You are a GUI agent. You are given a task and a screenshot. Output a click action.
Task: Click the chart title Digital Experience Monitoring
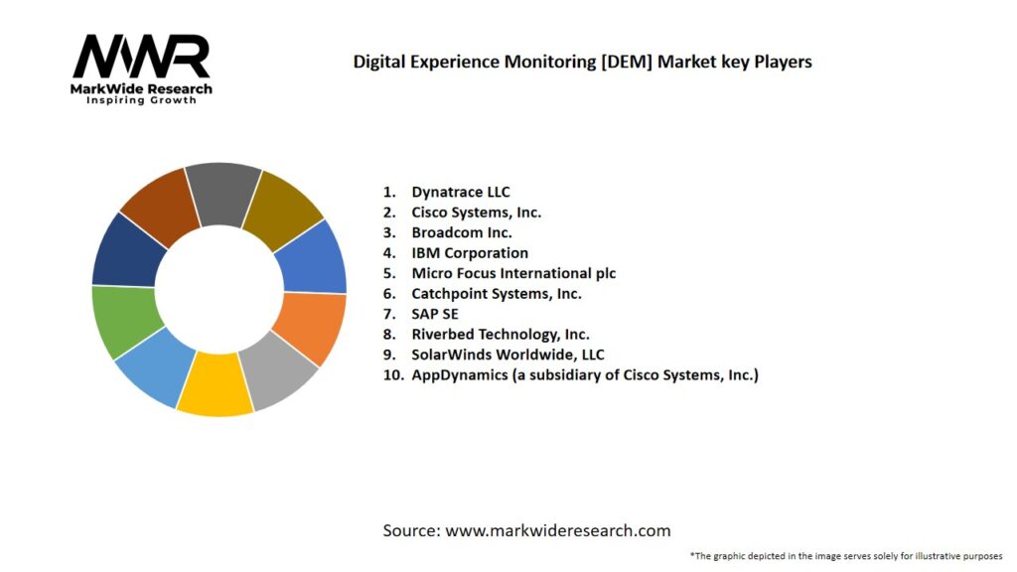(582, 62)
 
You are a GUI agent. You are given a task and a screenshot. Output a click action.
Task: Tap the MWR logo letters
(142, 57)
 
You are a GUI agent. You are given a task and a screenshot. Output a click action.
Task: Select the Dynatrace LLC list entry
(461, 192)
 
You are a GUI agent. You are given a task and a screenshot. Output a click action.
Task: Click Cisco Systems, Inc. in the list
(476, 212)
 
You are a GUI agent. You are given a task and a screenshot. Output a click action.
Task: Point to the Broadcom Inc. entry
(462, 232)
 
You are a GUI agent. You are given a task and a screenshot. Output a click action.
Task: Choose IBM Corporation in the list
(470, 253)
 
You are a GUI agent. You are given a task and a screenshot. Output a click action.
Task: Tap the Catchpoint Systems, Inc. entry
(497, 294)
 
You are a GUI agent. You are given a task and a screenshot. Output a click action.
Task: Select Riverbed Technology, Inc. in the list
(501, 335)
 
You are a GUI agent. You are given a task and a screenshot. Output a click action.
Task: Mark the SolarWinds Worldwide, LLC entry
(508, 355)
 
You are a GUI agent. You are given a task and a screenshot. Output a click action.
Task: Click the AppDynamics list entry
(584, 375)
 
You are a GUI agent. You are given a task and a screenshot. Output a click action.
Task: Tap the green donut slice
(120, 321)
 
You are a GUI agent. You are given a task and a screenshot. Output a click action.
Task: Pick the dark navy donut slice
(128, 248)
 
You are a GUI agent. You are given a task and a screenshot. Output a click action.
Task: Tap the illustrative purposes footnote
(846, 555)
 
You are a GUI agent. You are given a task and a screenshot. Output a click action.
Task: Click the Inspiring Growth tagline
(142, 100)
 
